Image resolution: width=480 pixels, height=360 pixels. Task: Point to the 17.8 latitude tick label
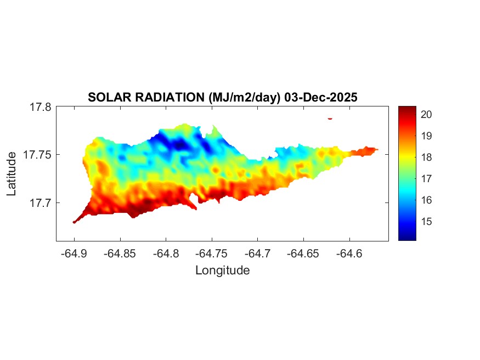tap(40, 108)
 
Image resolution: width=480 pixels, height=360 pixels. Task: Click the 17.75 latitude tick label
tap(37, 155)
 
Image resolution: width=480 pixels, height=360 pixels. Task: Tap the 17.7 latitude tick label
tap(40, 203)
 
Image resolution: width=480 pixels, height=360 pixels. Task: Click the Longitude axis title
tap(223, 270)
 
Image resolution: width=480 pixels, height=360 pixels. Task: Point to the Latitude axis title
tap(12, 174)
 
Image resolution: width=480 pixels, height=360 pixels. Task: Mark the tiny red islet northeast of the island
tap(330, 118)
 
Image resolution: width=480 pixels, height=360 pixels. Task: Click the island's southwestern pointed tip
tap(74, 222)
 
